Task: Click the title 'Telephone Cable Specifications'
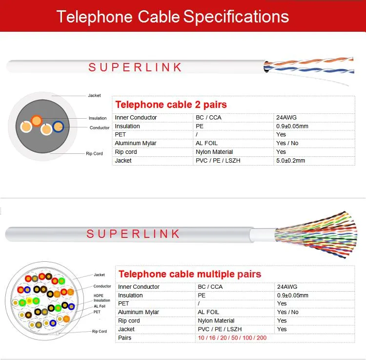click(x=173, y=16)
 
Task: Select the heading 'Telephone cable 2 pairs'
click(x=171, y=105)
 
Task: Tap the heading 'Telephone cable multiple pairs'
click(x=190, y=274)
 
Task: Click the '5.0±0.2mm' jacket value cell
click(x=290, y=160)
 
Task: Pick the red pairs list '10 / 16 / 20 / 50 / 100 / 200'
click(x=232, y=338)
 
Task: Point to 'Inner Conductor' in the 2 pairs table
click(x=136, y=117)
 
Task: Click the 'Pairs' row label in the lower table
click(x=125, y=338)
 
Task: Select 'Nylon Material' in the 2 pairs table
click(x=214, y=152)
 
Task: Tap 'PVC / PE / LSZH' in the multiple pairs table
click(x=220, y=329)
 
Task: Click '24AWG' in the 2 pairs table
click(x=286, y=117)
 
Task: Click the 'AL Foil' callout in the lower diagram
click(x=100, y=306)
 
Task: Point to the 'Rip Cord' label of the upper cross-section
click(x=94, y=154)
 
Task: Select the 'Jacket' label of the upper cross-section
click(x=94, y=95)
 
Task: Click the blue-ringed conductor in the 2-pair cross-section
click(x=58, y=126)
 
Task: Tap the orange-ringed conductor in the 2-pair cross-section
click(x=36, y=120)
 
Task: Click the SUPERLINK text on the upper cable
click(x=135, y=67)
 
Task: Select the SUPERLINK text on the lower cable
click(x=133, y=234)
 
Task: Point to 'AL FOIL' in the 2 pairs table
click(x=207, y=143)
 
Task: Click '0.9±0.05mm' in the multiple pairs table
click(x=293, y=296)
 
